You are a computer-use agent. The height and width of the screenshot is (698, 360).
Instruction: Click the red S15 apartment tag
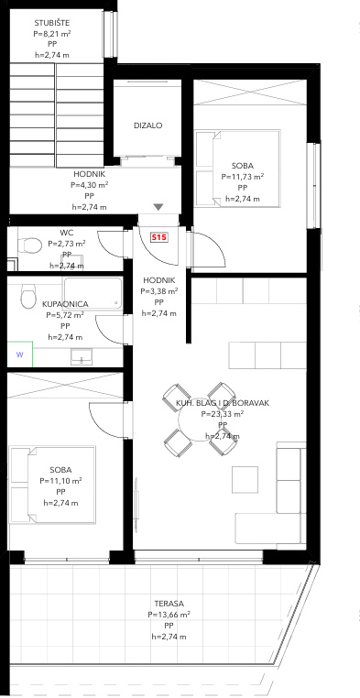pos(158,238)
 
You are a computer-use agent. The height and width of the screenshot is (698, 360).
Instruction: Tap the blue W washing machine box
pos(20,354)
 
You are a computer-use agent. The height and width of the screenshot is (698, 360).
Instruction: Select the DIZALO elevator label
pos(148,125)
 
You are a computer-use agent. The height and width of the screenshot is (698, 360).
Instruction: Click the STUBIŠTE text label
pos(52,23)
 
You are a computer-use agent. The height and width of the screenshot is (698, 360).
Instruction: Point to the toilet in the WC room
pos(29,245)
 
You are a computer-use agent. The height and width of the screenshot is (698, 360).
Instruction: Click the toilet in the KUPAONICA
pos(28,296)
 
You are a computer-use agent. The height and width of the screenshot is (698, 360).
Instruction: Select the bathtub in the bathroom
pos(93,293)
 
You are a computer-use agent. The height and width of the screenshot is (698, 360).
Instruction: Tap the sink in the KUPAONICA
pos(82,356)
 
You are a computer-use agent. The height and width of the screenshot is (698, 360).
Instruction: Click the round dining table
pos(199,419)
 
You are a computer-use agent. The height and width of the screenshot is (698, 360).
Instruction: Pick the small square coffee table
pos(245,479)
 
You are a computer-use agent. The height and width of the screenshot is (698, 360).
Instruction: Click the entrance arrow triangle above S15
pos(158,207)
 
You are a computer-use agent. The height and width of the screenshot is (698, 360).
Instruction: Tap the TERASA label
pos(169,604)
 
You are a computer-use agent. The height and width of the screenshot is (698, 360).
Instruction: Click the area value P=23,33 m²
pos(222,414)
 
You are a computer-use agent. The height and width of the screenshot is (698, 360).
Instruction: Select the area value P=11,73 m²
pos(243,177)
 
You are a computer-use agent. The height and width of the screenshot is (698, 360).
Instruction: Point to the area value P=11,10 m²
pos(60,481)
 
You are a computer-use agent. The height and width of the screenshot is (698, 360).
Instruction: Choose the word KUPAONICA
pos(65,304)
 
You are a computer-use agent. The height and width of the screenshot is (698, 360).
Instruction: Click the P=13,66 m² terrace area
pos(169,615)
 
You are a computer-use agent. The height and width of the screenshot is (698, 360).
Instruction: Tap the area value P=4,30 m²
pos(90,185)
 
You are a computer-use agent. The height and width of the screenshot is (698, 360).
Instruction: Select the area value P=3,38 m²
pos(158,291)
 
